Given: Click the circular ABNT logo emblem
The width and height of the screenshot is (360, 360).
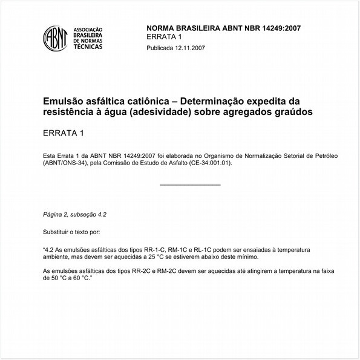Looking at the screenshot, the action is pyautogui.click(x=55, y=38).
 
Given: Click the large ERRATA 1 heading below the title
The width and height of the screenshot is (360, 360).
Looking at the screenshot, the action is pyautogui.click(x=63, y=133).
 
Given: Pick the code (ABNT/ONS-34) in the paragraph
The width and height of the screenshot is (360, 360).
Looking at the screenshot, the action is pyautogui.click(x=67, y=163).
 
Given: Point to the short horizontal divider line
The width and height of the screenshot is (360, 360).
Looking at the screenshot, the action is pyautogui.click(x=190, y=184).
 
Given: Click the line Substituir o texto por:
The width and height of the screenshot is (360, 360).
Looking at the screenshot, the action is pyautogui.click(x=71, y=232).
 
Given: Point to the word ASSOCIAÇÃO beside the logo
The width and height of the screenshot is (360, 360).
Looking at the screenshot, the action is pyautogui.click(x=88, y=29).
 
